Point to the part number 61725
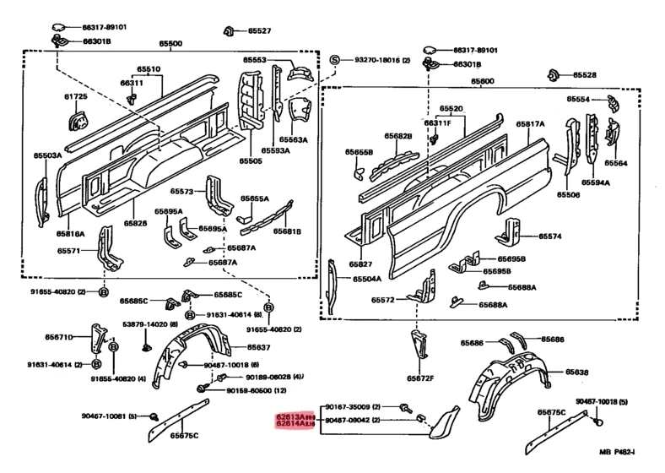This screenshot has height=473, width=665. [x=78, y=98]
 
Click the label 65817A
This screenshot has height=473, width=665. [x=531, y=124]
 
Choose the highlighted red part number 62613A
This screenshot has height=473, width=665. [x=295, y=417]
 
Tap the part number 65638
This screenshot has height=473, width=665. [x=576, y=372]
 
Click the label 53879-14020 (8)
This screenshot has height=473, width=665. [x=149, y=323]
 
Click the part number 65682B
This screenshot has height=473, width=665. [x=397, y=136]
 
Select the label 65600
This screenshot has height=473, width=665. [x=484, y=81]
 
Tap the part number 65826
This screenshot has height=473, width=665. [x=136, y=223]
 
